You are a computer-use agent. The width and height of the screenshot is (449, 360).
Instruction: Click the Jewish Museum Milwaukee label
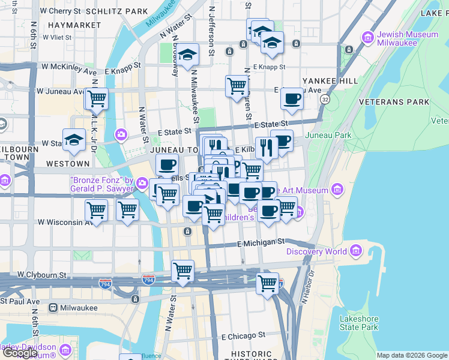click(408, 39)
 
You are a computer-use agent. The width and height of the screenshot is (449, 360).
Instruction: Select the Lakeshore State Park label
click(358, 323)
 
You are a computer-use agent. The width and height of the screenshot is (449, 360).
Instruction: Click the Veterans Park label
click(394, 102)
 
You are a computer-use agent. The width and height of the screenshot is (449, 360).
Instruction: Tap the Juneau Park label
click(328, 135)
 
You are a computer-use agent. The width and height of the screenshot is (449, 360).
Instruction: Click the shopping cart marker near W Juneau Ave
click(96, 98)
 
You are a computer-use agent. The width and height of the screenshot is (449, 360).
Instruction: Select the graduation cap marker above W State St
click(74, 139)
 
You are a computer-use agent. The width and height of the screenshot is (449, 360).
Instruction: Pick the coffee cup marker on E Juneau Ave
click(292, 98)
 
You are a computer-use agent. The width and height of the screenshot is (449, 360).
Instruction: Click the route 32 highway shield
click(325, 98)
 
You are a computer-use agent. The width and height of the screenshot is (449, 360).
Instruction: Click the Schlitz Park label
click(116, 11)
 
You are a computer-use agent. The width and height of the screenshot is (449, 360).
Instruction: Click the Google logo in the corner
click(20, 353)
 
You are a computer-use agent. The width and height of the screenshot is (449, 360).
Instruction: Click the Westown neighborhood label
click(67, 163)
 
